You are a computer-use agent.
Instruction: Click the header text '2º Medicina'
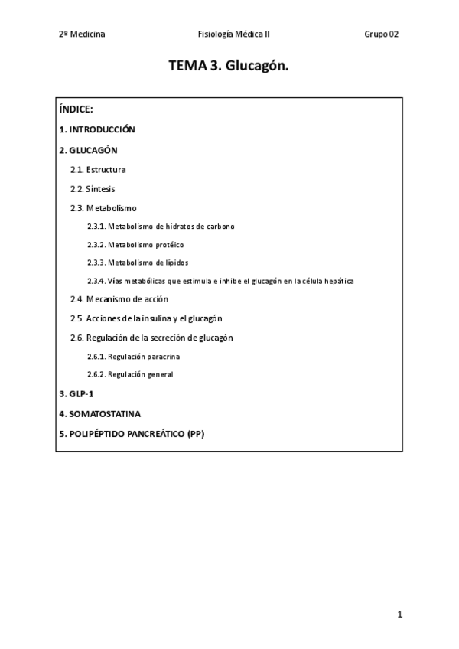point(82,34)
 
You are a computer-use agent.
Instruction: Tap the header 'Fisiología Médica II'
point(233,34)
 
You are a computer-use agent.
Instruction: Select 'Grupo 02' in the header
point(381,34)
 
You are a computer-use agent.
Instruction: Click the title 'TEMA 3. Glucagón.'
point(229,67)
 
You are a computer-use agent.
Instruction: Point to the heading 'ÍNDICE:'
point(76,109)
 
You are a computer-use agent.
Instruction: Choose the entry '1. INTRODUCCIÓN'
point(96,129)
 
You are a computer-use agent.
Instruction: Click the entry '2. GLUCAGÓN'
point(88,150)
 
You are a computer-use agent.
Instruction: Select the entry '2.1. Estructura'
point(98,169)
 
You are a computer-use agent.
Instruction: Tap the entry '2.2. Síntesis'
point(93,188)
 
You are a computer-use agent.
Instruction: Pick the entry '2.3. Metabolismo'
point(103,207)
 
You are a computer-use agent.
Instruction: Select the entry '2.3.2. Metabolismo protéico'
point(135,245)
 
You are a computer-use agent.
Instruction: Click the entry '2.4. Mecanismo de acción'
point(119,299)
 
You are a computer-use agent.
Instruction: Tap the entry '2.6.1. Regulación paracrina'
point(134,356)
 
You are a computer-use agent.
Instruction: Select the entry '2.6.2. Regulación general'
point(130,374)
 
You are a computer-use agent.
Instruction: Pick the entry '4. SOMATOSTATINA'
point(99,413)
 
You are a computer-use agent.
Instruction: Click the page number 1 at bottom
point(399,615)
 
